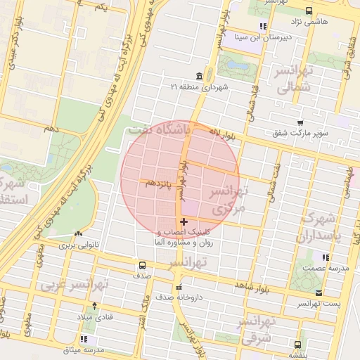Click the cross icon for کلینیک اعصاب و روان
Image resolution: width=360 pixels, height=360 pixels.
(184, 221)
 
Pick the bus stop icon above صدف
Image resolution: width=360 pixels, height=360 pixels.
(143, 265)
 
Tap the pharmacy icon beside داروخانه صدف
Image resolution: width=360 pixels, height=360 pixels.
(179, 287)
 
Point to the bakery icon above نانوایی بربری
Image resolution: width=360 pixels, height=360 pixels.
(77, 234)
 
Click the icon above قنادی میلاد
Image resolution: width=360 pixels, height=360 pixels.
(95, 305)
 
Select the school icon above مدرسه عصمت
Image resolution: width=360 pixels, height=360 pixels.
(325, 257)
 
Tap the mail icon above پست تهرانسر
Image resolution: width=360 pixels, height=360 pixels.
(319, 292)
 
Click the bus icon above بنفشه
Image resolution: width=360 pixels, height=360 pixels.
(297, 345)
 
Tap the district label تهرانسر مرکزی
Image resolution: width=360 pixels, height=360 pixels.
(226, 201)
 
